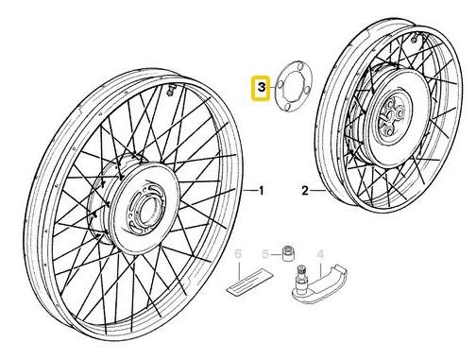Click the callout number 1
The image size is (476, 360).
[x=261, y=191]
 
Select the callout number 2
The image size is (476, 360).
[x=305, y=191]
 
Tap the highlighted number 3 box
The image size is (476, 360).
[x=261, y=88]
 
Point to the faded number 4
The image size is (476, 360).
[x=320, y=254]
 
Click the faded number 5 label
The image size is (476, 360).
[x=266, y=254]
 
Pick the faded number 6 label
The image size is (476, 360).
[x=238, y=254]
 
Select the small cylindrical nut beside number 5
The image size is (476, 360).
[x=287, y=252]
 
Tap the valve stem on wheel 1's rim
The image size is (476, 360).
[x=170, y=90]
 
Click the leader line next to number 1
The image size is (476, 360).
[x=250, y=191]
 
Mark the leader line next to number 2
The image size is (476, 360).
[x=317, y=191]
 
